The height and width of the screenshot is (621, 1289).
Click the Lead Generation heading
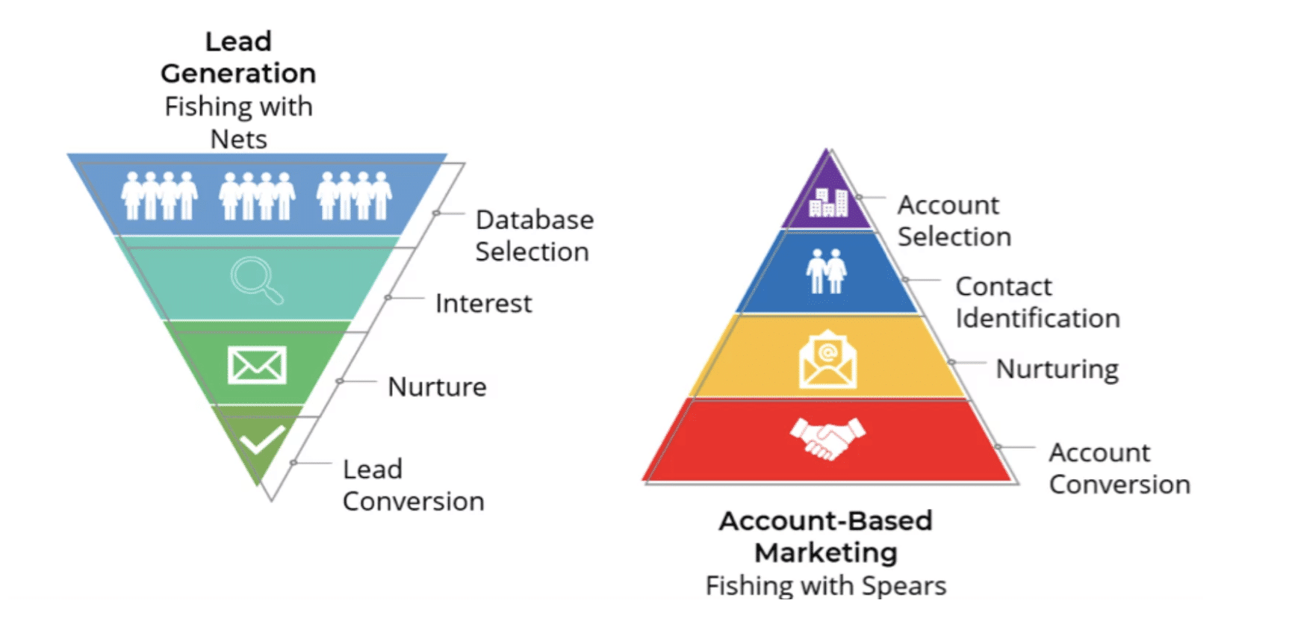coord(238,57)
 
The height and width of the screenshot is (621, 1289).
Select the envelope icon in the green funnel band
coord(257,365)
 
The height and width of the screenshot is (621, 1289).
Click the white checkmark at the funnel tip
coord(262,440)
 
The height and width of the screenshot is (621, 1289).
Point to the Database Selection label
coord(535,236)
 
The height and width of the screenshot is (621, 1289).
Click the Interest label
coord(484,304)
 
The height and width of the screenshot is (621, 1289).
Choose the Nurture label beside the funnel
coord(437,387)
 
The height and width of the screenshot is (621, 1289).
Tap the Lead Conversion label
coord(414,485)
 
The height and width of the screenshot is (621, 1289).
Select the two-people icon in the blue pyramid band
coord(826,271)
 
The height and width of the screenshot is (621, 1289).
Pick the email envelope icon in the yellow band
coord(827,359)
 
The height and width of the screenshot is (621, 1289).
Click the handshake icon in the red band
coord(827,438)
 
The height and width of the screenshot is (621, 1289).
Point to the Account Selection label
coord(954,221)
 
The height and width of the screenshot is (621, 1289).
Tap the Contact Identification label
coord(1038,302)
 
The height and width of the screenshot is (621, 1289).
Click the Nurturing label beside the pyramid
coord(1057,369)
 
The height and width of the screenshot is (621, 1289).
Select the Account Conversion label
coord(1119,469)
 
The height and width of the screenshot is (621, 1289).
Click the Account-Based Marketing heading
coord(826,537)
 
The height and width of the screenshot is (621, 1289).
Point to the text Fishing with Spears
coord(826,586)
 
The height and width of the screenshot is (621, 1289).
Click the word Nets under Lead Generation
coord(239,140)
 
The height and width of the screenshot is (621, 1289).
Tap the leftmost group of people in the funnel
coord(160,196)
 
